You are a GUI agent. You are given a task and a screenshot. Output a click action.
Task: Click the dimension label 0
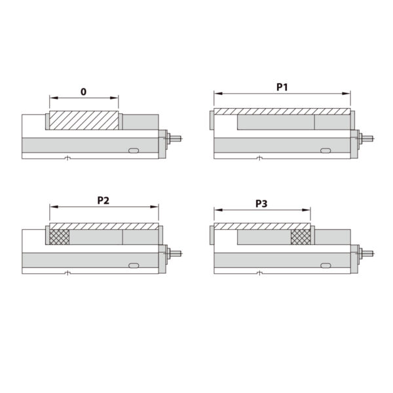point(84,92)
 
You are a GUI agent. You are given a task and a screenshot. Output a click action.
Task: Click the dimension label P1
point(282,86)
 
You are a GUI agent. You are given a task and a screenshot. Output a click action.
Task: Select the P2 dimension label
point(103,200)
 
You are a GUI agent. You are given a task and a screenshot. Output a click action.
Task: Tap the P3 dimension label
point(261,204)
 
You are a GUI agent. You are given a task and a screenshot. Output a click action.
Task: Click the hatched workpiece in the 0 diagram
point(84,120)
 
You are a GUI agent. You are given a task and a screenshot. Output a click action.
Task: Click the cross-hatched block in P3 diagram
point(301,236)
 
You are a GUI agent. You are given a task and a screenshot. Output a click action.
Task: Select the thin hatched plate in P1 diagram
point(282,111)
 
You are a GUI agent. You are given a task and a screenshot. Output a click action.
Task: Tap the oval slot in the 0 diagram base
point(134,150)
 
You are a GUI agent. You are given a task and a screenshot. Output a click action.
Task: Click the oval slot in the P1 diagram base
point(326,150)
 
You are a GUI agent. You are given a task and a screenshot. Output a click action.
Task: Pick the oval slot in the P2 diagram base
point(134,265)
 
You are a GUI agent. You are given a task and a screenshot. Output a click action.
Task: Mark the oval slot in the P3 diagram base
point(326,265)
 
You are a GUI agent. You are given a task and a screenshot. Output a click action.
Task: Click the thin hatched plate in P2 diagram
point(103,226)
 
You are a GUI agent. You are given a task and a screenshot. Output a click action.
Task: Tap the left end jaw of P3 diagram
point(210,236)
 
